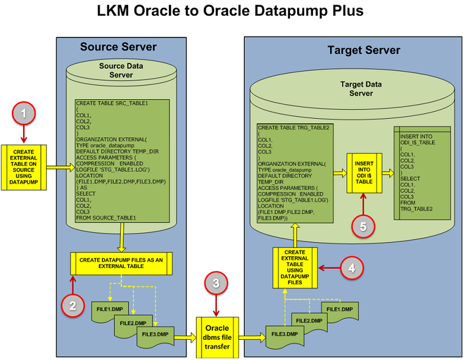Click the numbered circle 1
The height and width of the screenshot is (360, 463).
24,113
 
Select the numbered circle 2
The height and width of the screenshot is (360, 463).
72,305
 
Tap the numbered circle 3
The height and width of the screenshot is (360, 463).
216,284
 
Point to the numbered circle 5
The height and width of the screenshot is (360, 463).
363,225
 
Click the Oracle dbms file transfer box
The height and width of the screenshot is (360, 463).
216,337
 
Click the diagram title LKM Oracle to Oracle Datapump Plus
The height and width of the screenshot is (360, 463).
231,12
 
